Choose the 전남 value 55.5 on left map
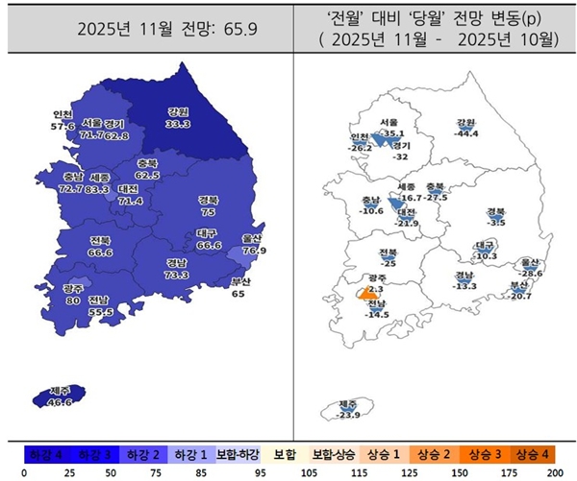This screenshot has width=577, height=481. [x=100, y=311]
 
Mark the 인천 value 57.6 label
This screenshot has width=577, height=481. [x=63, y=127]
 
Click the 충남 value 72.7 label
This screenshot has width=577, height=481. [x=70, y=190]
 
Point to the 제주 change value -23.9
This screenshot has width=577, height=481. [x=349, y=415]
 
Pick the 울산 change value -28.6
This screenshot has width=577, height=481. [x=530, y=274]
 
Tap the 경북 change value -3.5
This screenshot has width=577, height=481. [x=497, y=222]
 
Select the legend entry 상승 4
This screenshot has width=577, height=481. [x=532, y=454]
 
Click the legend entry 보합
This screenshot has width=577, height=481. [x=283, y=454]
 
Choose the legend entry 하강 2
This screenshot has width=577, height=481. [x=142, y=454]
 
